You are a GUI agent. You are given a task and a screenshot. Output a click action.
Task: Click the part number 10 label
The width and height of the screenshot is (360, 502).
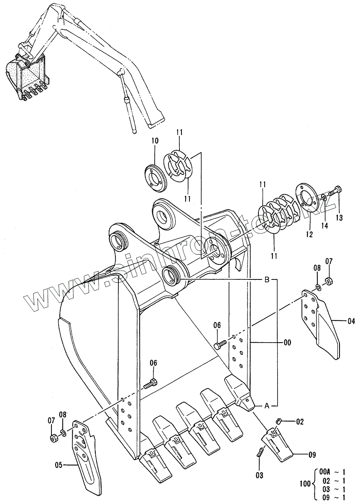coord(155,141)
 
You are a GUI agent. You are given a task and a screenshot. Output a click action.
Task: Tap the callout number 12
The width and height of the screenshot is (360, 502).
coord(309,235)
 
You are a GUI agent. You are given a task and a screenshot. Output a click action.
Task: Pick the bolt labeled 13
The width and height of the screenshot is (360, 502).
coord(334,192)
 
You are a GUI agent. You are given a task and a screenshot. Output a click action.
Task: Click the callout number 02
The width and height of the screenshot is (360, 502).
coord(300,421)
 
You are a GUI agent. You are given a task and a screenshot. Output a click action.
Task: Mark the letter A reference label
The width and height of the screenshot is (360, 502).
coord(266,405)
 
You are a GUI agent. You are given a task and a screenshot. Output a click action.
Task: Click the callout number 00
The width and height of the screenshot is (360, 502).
coord(287,342)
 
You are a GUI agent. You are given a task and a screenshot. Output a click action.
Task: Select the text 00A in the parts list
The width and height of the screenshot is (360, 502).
coord(324,471)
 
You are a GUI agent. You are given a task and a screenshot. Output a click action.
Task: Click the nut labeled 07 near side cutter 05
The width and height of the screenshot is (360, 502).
coord(53,438)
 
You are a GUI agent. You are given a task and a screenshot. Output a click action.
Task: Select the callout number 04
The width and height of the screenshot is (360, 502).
coord(350,321)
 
